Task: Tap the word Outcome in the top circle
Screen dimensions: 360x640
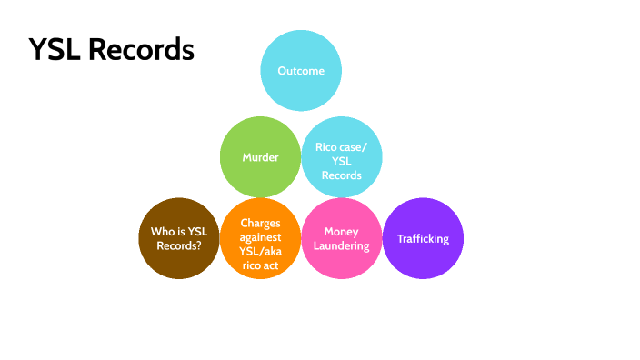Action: (x=301, y=71)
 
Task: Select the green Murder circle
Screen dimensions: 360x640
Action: (x=260, y=157)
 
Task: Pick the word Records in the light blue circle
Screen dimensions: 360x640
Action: (x=342, y=175)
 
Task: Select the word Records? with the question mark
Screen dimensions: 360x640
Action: (x=179, y=246)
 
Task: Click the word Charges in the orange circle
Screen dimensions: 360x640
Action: (x=260, y=223)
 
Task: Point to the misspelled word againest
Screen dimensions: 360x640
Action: (x=260, y=237)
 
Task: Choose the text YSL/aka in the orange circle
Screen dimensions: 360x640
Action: (x=260, y=252)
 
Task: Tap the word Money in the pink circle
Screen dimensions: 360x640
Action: (x=342, y=232)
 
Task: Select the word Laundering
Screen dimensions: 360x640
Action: (x=342, y=246)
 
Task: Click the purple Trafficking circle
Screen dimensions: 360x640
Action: (x=423, y=239)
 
